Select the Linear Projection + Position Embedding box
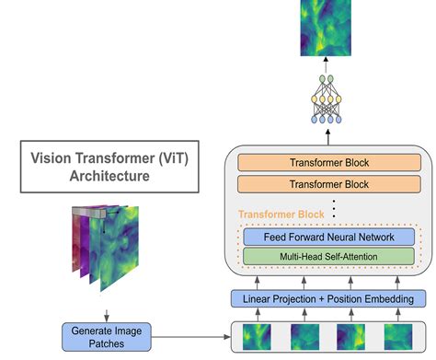click(x=327, y=298)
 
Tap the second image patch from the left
click(x=304, y=336)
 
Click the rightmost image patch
click(x=398, y=336)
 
